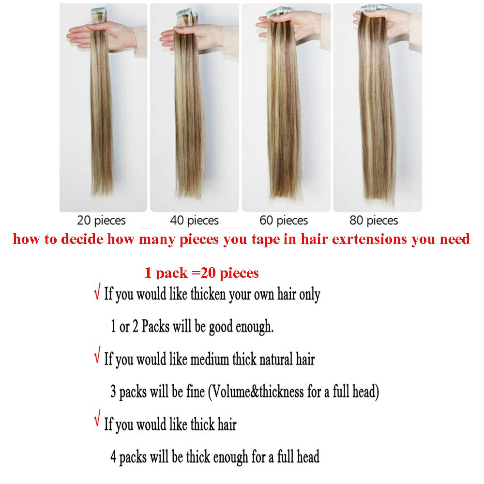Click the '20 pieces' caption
101,220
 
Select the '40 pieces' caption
194,220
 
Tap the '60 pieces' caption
284,220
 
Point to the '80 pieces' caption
374,220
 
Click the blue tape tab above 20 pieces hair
98,12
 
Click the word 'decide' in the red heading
82,239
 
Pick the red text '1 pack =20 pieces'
201,273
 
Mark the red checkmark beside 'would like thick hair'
97,418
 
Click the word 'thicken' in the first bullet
208,294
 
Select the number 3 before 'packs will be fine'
113,392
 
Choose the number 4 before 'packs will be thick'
113,457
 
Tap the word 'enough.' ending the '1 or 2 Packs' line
255,327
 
